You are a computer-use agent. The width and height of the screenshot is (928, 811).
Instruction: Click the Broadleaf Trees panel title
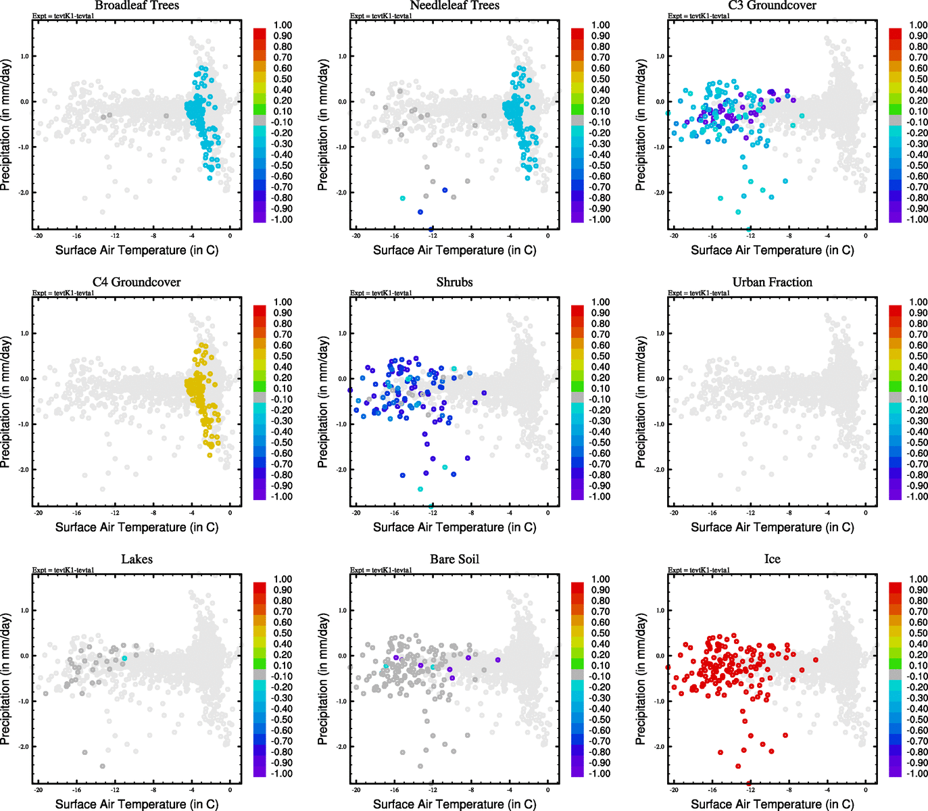point(137,5)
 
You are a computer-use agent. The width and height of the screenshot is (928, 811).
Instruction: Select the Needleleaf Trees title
point(454,5)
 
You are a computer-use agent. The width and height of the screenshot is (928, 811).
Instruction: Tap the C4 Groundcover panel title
point(137,282)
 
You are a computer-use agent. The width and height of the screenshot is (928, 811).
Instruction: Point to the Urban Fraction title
point(772,282)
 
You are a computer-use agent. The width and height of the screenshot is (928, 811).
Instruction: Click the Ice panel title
point(772,559)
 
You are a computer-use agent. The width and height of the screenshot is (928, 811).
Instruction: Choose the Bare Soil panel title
point(454,559)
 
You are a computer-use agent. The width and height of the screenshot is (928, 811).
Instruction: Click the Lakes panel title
point(137,559)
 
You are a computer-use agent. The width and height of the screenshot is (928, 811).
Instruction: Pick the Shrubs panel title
point(454,282)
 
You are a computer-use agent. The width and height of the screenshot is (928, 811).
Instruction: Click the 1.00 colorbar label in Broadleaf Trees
point(283,25)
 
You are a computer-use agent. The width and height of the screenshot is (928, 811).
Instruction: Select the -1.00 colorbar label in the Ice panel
point(917,773)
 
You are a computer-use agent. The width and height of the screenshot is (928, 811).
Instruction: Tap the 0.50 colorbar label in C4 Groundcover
point(283,356)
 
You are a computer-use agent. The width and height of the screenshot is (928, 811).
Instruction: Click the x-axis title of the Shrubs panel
point(454,527)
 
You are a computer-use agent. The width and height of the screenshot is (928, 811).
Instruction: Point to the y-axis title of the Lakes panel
point(6,679)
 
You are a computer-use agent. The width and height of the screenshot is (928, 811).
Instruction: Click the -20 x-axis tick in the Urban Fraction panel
point(674,513)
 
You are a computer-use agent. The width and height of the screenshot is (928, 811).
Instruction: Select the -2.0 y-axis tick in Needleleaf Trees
point(342,193)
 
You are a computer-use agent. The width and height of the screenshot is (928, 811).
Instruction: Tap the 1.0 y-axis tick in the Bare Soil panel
point(343,610)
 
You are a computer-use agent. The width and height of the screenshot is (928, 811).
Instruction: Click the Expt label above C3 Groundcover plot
point(699,16)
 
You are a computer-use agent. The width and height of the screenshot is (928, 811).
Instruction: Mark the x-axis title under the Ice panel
point(772,804)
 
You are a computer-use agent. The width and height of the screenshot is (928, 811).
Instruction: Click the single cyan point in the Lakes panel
point(124,658)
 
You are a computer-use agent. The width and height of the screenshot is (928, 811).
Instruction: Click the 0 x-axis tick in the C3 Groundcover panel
point(866,236)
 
